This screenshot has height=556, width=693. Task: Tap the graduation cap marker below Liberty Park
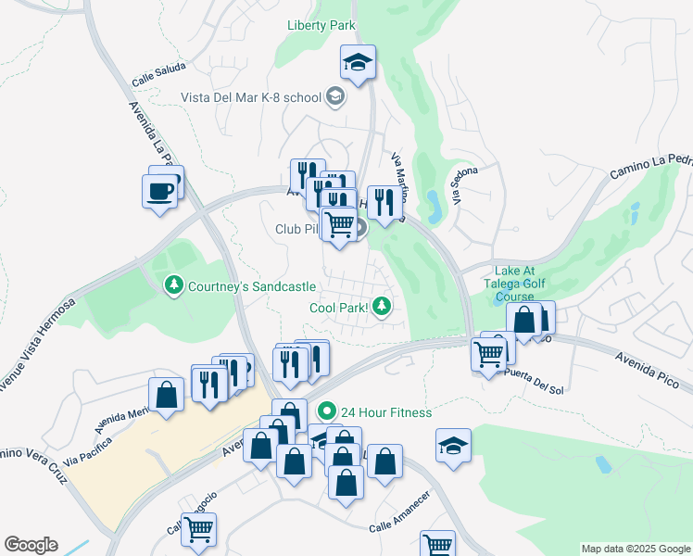(358, 63)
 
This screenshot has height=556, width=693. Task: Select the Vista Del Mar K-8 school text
(249, 96)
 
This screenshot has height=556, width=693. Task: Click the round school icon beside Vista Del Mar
(334, 96)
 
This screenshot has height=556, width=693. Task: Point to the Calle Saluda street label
(158, 74)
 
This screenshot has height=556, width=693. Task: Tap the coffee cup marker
(160, 191)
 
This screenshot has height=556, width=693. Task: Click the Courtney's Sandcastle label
(252, 286)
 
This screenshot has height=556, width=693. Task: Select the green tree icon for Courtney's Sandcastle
(172, 286)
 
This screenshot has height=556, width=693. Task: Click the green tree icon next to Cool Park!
(381, 308)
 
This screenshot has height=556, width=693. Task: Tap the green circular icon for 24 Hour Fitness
(325, 411)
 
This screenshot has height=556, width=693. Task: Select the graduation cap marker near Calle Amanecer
(453, 446)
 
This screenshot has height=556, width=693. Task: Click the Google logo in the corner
(31, 545)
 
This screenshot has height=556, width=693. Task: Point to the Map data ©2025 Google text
(636, 549)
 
